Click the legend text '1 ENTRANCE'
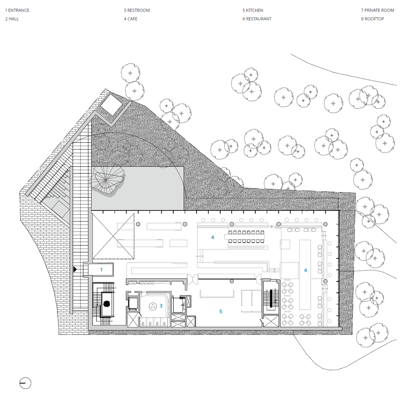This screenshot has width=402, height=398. click(17, 10)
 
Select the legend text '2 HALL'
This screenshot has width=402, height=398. click(12, 19)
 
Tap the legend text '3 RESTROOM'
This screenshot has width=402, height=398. click(137, 10)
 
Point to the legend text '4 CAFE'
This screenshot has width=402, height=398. click(131, 19)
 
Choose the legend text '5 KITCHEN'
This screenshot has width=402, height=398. click(253, 10)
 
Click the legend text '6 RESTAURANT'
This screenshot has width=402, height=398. click(257, 19)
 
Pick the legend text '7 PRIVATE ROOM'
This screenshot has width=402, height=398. click(377, 10)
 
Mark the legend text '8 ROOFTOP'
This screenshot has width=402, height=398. click(373, 19)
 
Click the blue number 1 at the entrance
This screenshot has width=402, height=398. click(101, 269)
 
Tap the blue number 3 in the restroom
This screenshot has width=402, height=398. click(161, 306)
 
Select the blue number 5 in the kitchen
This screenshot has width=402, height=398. click(221, 311)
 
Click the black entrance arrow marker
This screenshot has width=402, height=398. click(75, 269)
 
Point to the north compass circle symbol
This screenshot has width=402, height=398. click(25, 384)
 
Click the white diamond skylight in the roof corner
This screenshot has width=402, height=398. click(111, 105)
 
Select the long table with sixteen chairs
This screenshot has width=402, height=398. click(246, 237)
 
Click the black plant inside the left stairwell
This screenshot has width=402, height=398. click(106, 304)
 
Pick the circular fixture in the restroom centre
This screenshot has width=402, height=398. click(153, 306)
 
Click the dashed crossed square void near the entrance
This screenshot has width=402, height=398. click(113, 236)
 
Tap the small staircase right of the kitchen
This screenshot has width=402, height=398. click(271, 298)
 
